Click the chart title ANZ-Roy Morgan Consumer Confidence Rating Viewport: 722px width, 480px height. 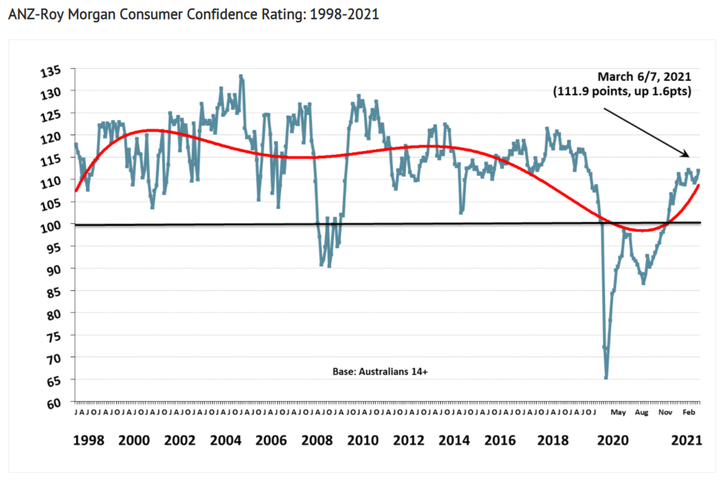(x=193, y=14)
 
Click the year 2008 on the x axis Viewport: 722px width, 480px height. (x=317, y=440)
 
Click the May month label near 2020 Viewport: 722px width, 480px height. (x=618, y=413)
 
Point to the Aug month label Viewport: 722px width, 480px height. (x=642, y=413)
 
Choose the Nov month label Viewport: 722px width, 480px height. (x=666, y=413)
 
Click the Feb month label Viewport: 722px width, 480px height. (x=689, y=413)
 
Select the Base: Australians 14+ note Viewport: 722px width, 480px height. (x=380, y=371)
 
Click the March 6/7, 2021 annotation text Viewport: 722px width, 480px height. (x=644, y=77)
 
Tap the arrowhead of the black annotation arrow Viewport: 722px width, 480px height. (x=687, y=155)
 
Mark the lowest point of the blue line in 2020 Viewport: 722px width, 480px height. (x=606, y=378)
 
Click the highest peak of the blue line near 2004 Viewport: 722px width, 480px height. (x=241, y=76)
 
